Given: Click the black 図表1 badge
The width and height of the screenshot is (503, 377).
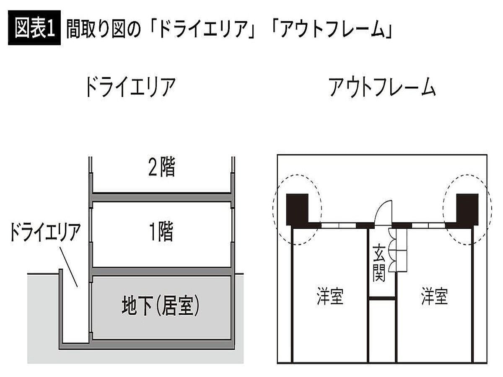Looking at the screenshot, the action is pos(34,28).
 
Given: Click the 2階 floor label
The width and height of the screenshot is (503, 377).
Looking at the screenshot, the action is pos(161,167).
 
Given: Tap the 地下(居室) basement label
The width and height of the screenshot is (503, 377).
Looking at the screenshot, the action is pos(161,306).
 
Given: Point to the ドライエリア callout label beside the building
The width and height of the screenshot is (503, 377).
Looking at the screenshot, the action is pos(45,232).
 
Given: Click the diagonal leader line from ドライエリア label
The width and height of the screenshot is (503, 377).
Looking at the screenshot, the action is pos(68,267).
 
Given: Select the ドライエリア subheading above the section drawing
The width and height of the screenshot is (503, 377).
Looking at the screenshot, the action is pos(130,88).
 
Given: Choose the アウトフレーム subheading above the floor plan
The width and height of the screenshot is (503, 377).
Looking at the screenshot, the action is pos(382,88).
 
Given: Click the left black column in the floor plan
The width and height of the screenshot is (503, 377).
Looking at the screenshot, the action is pos(297,209).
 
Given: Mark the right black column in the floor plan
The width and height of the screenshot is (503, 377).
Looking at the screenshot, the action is pos(467,209).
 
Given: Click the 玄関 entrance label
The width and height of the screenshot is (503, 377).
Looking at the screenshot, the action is pos(379,263).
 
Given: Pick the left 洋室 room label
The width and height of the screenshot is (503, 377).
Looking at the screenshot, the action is pos(330,297).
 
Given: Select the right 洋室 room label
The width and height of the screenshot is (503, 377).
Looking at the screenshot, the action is pos(435,297).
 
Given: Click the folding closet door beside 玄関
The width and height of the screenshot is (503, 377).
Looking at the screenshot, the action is pos(392,250).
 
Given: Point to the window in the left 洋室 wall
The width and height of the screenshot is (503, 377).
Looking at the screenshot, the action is pos(339,225).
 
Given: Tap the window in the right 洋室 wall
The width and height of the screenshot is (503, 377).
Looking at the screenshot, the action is pos(428,225).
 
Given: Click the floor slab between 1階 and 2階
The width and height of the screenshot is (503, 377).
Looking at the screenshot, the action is pos(162,197).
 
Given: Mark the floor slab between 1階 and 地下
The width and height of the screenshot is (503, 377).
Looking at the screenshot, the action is pos(162,272).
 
